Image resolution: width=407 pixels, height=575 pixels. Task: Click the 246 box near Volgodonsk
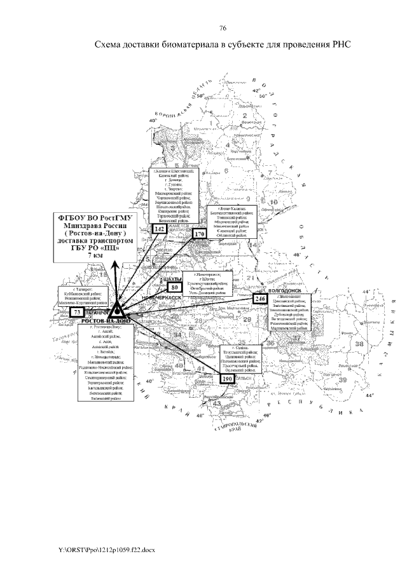259,299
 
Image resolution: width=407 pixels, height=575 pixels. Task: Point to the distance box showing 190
228,379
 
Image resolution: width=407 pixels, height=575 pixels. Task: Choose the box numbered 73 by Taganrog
77,313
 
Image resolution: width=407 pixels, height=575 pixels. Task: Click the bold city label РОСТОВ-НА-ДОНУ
106,321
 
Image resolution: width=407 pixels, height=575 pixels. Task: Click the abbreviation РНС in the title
341,46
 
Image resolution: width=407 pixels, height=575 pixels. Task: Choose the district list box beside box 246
290,311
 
